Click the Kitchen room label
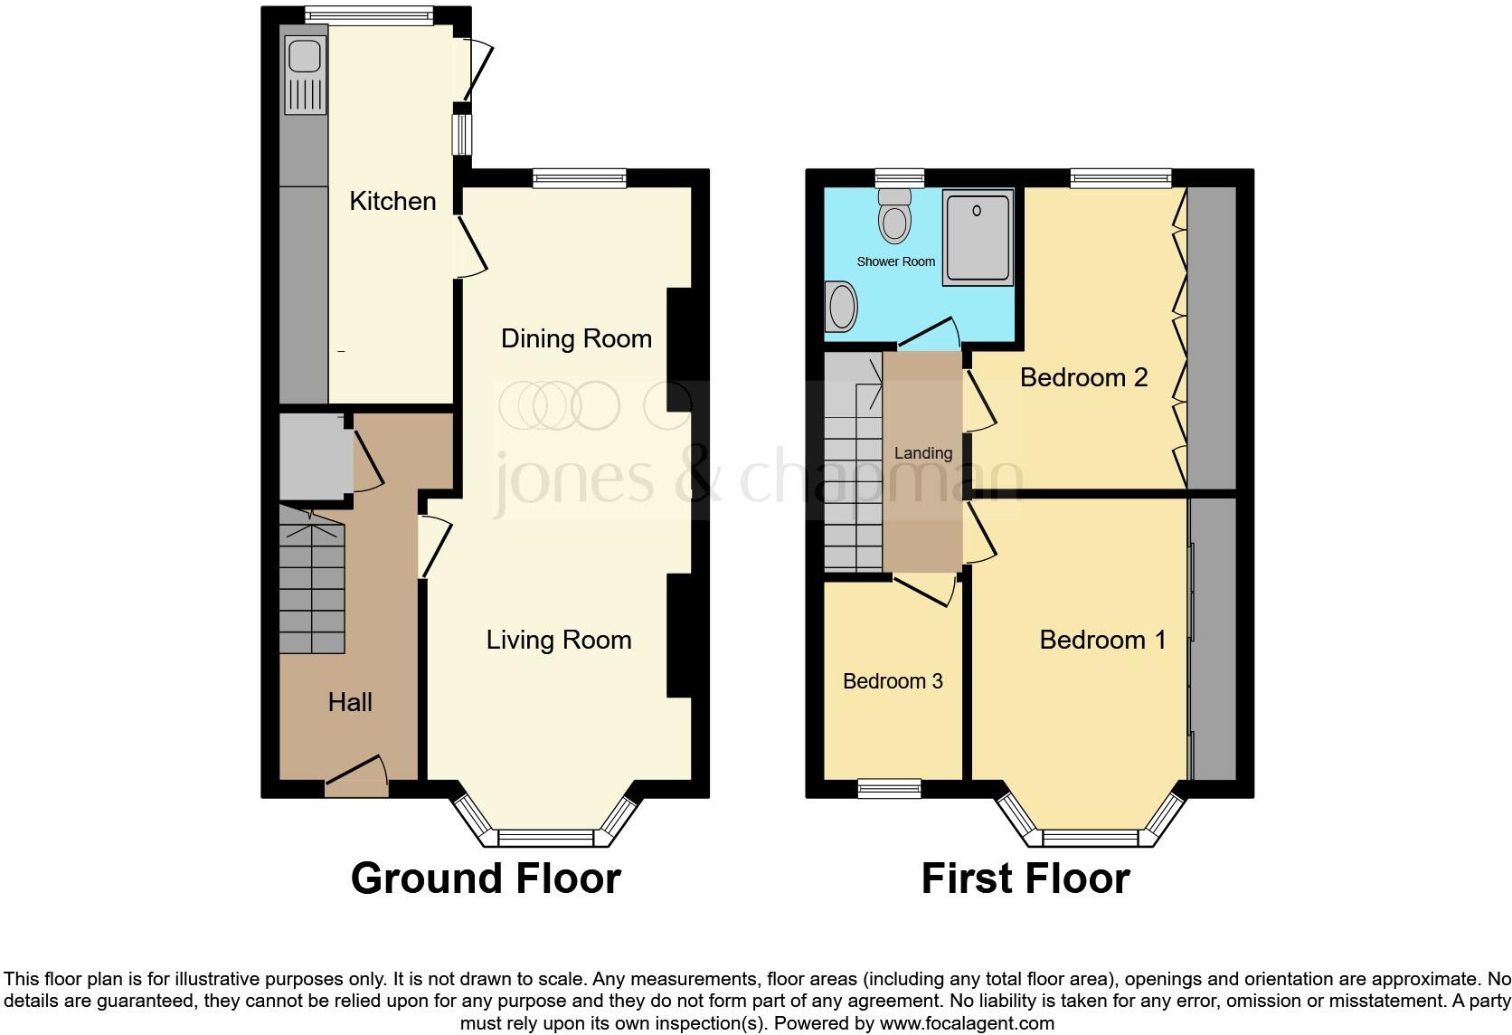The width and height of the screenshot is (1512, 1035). [392, 201]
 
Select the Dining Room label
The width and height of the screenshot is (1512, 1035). [576, 338]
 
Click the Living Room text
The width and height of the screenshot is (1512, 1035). [559, 640]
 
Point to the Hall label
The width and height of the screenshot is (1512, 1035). [350, 702]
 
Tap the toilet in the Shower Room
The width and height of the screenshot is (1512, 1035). [894, 216]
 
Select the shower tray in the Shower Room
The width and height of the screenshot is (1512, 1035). [977, 237]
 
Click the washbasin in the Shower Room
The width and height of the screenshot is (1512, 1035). [842, 307]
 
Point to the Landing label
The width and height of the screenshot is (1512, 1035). [922, 453]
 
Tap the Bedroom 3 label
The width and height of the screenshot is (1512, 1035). [893, 681]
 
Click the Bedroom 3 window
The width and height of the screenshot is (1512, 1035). [889, 788]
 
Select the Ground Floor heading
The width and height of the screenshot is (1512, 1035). [486, 878]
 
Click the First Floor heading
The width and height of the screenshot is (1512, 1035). [1025, 878]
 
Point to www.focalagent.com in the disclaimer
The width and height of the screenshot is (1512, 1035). [966, 1024]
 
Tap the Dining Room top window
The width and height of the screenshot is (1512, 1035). [580, 178]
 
